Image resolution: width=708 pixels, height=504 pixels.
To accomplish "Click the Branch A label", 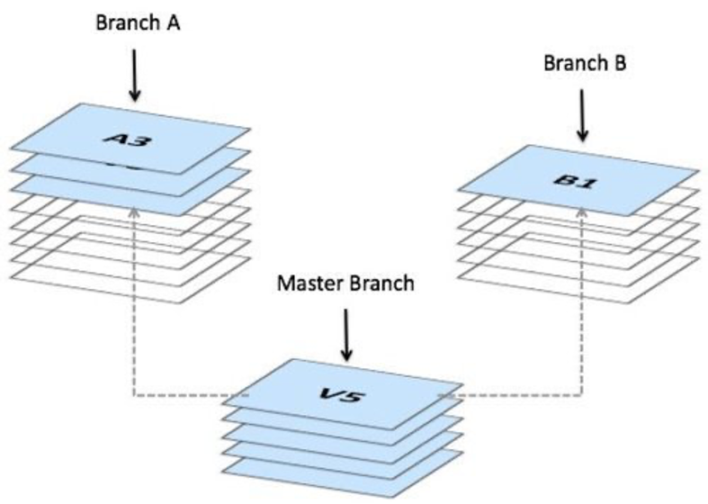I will [x=138, y=22].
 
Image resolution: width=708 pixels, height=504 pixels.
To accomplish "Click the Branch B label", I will [x=584, y=63].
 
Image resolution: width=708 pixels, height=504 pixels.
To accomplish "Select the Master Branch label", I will [x=345, y=283].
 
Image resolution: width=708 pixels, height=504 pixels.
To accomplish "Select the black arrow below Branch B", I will [x=583, y=114].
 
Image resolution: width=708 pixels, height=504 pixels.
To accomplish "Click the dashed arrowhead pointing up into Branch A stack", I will [x=133, y=212].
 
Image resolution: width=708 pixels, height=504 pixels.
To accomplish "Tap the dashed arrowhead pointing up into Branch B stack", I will [x=581, y=211].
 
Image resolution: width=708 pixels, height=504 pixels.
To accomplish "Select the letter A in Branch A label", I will [x=173, y=22].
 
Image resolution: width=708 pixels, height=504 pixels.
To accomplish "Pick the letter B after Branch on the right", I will [x=620, y=63].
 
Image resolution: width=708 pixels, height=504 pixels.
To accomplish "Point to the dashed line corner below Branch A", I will [x=133, y=394].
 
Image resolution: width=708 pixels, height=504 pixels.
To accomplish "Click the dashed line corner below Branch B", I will [x=581, y=394].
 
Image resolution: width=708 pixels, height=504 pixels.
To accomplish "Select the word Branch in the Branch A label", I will [x=127, y=22].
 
